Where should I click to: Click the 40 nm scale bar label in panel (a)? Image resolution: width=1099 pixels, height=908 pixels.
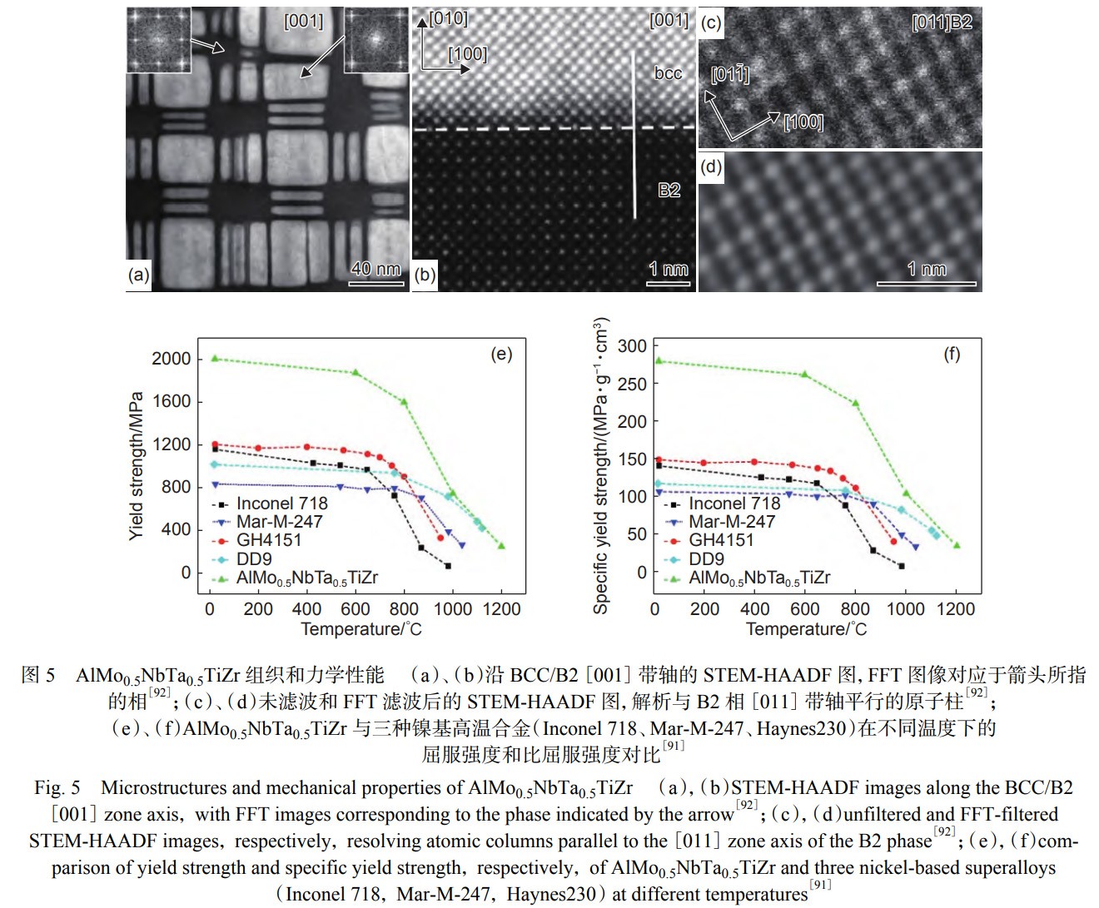(x=375, y=268)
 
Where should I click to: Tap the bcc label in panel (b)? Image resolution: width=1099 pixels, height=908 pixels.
(x=668, y=73)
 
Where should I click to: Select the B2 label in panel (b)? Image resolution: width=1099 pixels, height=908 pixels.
(x=669, y=190)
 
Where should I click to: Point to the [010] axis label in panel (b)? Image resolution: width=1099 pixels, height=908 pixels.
(x=449, y=18)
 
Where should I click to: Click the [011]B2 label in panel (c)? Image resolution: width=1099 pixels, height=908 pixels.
(x=942, y=22)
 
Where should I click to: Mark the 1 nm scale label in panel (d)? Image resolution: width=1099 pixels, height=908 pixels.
(x=926, y=269)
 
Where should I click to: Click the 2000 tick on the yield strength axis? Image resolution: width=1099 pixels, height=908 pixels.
(x=171, y=359)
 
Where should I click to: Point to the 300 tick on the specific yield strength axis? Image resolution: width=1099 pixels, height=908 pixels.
(x=632, y=346)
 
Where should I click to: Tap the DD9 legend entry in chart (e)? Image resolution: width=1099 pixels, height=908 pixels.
(x=254, y=558)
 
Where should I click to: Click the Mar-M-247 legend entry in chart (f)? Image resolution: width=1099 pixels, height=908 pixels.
(x=731, y=522)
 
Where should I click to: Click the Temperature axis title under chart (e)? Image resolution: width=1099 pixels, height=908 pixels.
(x=361, y=629)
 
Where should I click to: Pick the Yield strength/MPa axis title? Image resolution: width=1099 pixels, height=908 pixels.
(x=137, y=466)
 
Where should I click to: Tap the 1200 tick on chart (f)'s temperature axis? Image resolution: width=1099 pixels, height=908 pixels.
(x=955, y=609)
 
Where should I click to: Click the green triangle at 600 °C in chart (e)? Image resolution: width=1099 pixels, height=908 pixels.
(x=356, y=372)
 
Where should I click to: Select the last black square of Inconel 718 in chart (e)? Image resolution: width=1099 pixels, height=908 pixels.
(x=448, y=566)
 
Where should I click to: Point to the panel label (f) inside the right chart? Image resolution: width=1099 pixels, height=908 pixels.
(x=952, y=355)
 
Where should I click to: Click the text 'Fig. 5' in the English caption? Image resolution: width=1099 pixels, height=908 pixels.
(x=57, y=787)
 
